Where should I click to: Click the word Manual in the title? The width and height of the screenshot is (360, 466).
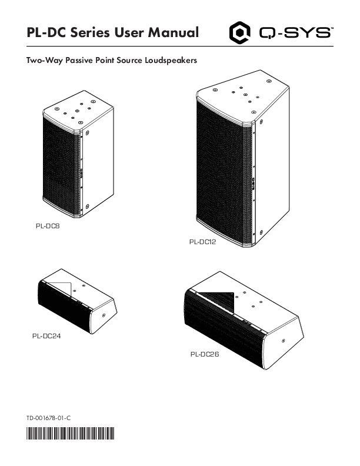tap(173, 32)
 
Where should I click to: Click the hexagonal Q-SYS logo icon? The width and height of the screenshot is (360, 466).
tap(239, 33)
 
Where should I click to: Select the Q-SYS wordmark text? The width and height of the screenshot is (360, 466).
tap(295, 33)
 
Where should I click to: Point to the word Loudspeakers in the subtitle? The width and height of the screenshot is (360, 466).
tap(171, 61)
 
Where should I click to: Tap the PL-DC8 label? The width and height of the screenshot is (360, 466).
tap(48, 226)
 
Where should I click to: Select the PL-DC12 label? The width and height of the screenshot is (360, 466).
tap(202, 242)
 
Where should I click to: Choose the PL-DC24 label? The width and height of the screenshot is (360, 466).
tap(46, 336)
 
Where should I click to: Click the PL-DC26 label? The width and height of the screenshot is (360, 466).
tap(205, 354)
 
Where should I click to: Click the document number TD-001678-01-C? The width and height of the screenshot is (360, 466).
tap(49, 418)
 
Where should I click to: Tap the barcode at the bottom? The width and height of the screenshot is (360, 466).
tap(71, 433)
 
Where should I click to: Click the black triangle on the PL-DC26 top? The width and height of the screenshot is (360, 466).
tap(219, 300)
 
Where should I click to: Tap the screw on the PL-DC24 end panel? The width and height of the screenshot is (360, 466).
tap(104, 315)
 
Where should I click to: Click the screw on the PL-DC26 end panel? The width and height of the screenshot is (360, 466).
tap(283, 341)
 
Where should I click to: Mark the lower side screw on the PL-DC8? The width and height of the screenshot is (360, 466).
tap(87, 206)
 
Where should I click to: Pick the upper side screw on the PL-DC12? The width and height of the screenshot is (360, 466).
tap(261, 122)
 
